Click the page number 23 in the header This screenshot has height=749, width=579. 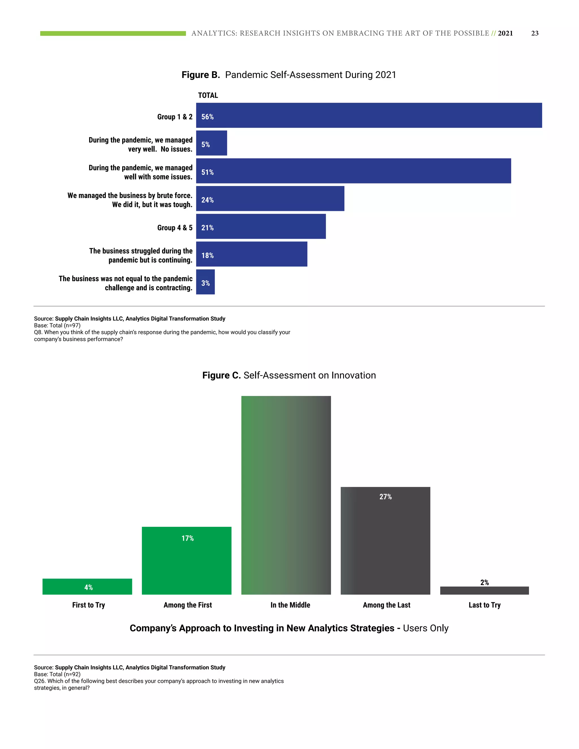click(x=534, y=33)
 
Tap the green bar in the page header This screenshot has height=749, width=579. click(x=113, y=33)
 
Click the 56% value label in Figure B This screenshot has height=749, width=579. click(x=207, y=117)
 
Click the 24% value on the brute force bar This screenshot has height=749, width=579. click(x=207, y=200)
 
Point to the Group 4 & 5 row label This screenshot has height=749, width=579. click(x=175, y=228)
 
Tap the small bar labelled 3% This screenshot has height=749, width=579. click(x=206, y=282)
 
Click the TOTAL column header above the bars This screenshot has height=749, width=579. click(x=208, y=95)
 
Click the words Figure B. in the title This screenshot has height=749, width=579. click(x=201, y=75)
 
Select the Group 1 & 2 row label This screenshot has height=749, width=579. click(x=175, y=117)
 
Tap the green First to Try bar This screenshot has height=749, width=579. click(x=87, y=586)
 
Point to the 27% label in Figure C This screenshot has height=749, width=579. click(x=385, y=497)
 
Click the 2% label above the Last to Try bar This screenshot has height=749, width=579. click(x=484, y=582)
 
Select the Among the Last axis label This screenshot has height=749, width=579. click(x=386, y=605)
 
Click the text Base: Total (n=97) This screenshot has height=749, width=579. click(x=57, y=325)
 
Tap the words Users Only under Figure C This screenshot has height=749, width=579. click(x=425, y=628)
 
